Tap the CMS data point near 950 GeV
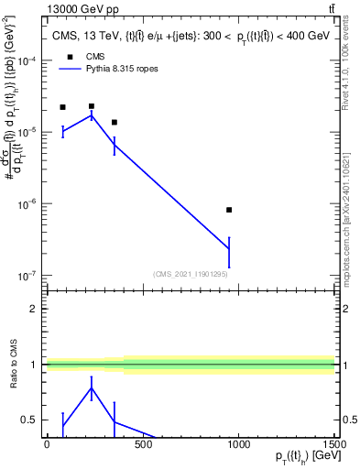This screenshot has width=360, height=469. tap(229, 210)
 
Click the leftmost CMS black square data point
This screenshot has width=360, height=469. tap(62, 107)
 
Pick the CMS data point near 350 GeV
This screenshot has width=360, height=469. tap(114, 122)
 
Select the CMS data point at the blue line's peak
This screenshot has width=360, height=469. tap(92, 106)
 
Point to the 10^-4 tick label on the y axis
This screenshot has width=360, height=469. tap(29, 60)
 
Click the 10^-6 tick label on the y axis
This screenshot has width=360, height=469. tap(29, 204)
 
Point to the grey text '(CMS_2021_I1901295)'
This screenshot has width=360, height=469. tap(190, 273)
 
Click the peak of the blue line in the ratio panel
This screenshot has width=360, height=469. tap(92, 387)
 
